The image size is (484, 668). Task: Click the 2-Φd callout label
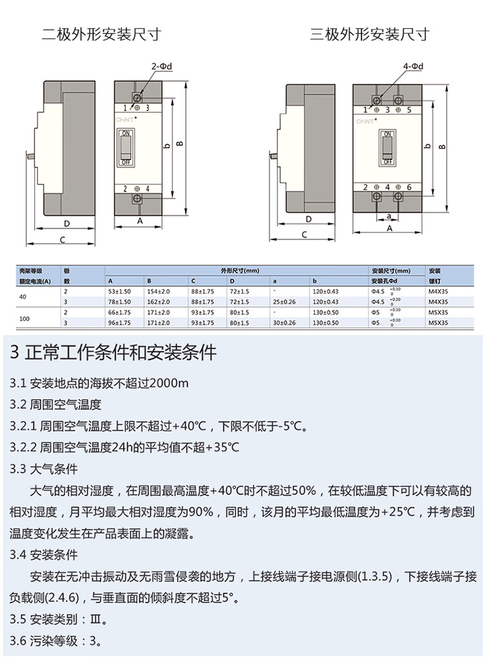(162, 66)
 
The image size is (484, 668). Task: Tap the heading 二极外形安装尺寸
(101, 34)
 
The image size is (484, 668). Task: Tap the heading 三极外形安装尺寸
(369, 34)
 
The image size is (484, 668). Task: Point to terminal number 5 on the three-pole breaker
(409, 110)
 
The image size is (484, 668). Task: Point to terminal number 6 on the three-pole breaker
(409, 187)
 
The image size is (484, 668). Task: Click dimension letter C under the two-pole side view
(62, 241)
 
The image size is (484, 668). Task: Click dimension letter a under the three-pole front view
(388, 216)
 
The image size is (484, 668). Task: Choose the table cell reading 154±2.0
(158, 291)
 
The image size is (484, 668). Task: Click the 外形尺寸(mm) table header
(239, 271)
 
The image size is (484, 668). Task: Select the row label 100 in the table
(25, 317)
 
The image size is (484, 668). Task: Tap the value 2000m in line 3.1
(169, 384)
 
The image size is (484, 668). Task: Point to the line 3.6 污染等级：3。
(56, 641)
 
